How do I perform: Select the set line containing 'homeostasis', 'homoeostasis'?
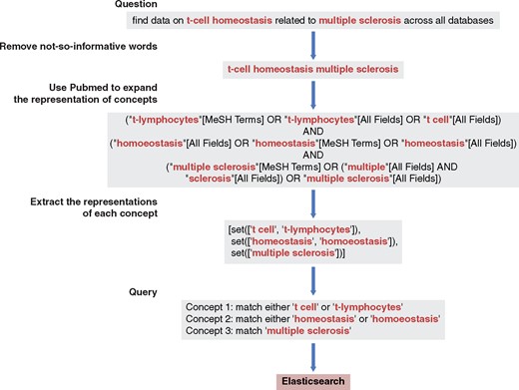click(x=315, y=243)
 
